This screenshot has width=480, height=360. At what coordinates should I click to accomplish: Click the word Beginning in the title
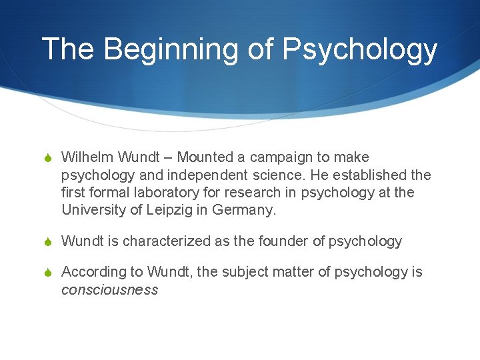(x=177, y=49)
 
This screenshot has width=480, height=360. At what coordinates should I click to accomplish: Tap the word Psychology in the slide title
(x=360, y=49)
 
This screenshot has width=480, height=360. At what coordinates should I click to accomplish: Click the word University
(x=92, y=211)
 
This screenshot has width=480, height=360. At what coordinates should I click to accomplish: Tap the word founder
(x=283, y=241)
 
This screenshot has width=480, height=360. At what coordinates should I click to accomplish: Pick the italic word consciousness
(x=109, y=290)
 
